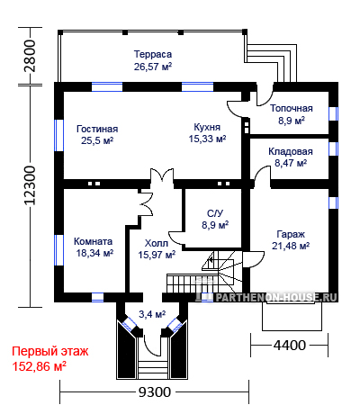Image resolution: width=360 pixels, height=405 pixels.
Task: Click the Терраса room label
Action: point(153,54)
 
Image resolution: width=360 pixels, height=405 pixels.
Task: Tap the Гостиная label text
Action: point(97,129)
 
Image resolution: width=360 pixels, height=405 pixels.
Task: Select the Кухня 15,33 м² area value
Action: point(207,139)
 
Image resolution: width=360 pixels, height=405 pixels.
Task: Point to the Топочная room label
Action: point(292,108)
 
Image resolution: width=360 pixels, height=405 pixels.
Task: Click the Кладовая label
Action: point(291,151)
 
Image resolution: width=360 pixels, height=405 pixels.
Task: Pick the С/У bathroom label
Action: point(215,213)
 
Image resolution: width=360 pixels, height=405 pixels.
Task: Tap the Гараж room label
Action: point(291,234)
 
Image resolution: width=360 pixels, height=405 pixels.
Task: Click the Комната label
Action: point(94,241)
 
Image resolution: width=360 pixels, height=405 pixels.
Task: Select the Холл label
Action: point(157,243)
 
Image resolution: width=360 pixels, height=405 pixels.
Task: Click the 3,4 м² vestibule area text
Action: point(152,314)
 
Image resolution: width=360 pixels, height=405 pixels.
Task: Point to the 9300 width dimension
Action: point(155,391)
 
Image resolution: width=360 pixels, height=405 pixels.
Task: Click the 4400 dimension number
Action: point(289,346)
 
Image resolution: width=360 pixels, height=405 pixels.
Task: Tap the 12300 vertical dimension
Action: point(30,185)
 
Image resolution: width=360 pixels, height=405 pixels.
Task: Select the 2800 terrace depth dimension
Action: point(30,56)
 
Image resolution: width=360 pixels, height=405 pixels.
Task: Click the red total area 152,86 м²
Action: point(39,366)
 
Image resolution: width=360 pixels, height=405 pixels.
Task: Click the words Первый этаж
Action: point(50,351)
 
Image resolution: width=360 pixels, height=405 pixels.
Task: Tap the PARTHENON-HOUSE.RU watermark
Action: point(276,297)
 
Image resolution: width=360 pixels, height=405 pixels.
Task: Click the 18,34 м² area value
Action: point(94,253)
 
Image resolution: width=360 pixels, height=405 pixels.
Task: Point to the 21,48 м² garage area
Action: point(291,246)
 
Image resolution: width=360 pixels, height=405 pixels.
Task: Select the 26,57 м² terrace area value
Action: point(153,67)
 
